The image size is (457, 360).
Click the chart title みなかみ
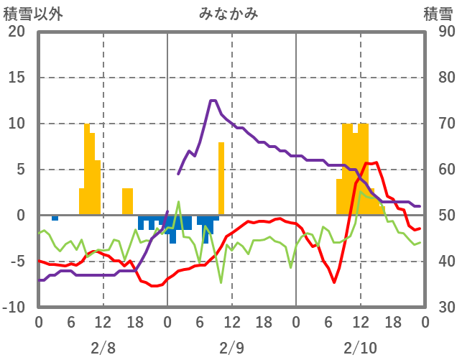[229, 13]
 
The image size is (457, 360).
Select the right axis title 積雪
[437, 13]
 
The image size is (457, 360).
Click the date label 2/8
[103, 348]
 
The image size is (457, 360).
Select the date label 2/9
[231, 348]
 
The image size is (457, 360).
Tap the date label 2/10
[360, 348]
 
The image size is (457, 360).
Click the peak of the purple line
[213, 101]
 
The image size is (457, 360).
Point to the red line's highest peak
[372, 163]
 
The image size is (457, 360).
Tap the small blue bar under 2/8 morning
[55, 218]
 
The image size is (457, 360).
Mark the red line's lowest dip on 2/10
[334, 282]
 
